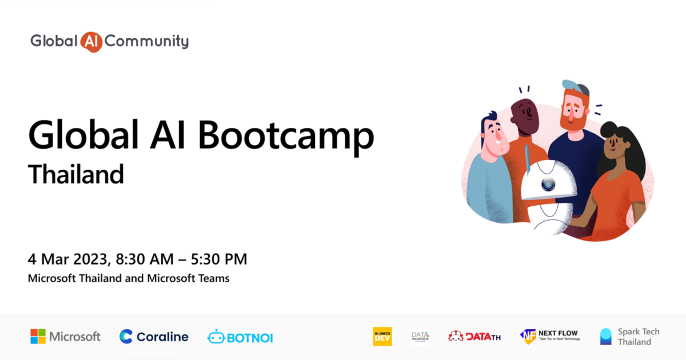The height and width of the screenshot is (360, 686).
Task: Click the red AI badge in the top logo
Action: point(91,42)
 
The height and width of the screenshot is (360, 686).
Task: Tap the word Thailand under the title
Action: point(76,174)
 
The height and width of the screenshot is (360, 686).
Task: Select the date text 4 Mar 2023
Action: point(67,259)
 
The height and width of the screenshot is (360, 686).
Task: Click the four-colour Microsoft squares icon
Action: point(38,337)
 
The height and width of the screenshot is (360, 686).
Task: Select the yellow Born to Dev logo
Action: point(382,337)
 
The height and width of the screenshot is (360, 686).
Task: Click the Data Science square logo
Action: point(420,337)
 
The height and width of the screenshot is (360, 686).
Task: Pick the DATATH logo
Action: point(474,337)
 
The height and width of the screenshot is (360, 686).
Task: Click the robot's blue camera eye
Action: point(548,184)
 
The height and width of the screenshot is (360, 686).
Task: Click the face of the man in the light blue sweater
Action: point(493,136)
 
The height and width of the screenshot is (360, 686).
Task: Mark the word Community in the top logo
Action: point(147,42)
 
